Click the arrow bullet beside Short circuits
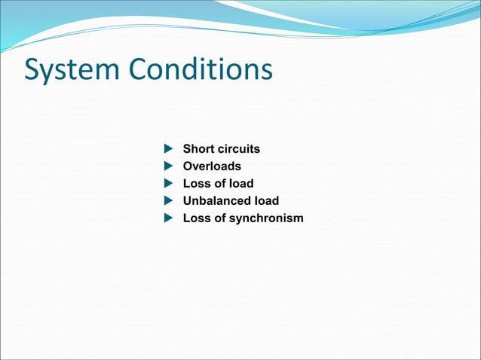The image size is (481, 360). point(168,149)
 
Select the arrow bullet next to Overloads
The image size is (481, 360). point(168,166)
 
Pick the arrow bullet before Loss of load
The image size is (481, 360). point(168,184)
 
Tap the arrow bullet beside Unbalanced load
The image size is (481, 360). point(168,201)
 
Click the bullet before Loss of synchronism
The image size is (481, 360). point(168,218)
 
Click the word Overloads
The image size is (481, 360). point(212,166)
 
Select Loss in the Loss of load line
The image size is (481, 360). point(196,184)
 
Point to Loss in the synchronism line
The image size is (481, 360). point(196,218)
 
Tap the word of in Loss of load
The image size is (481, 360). point(219,184)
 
